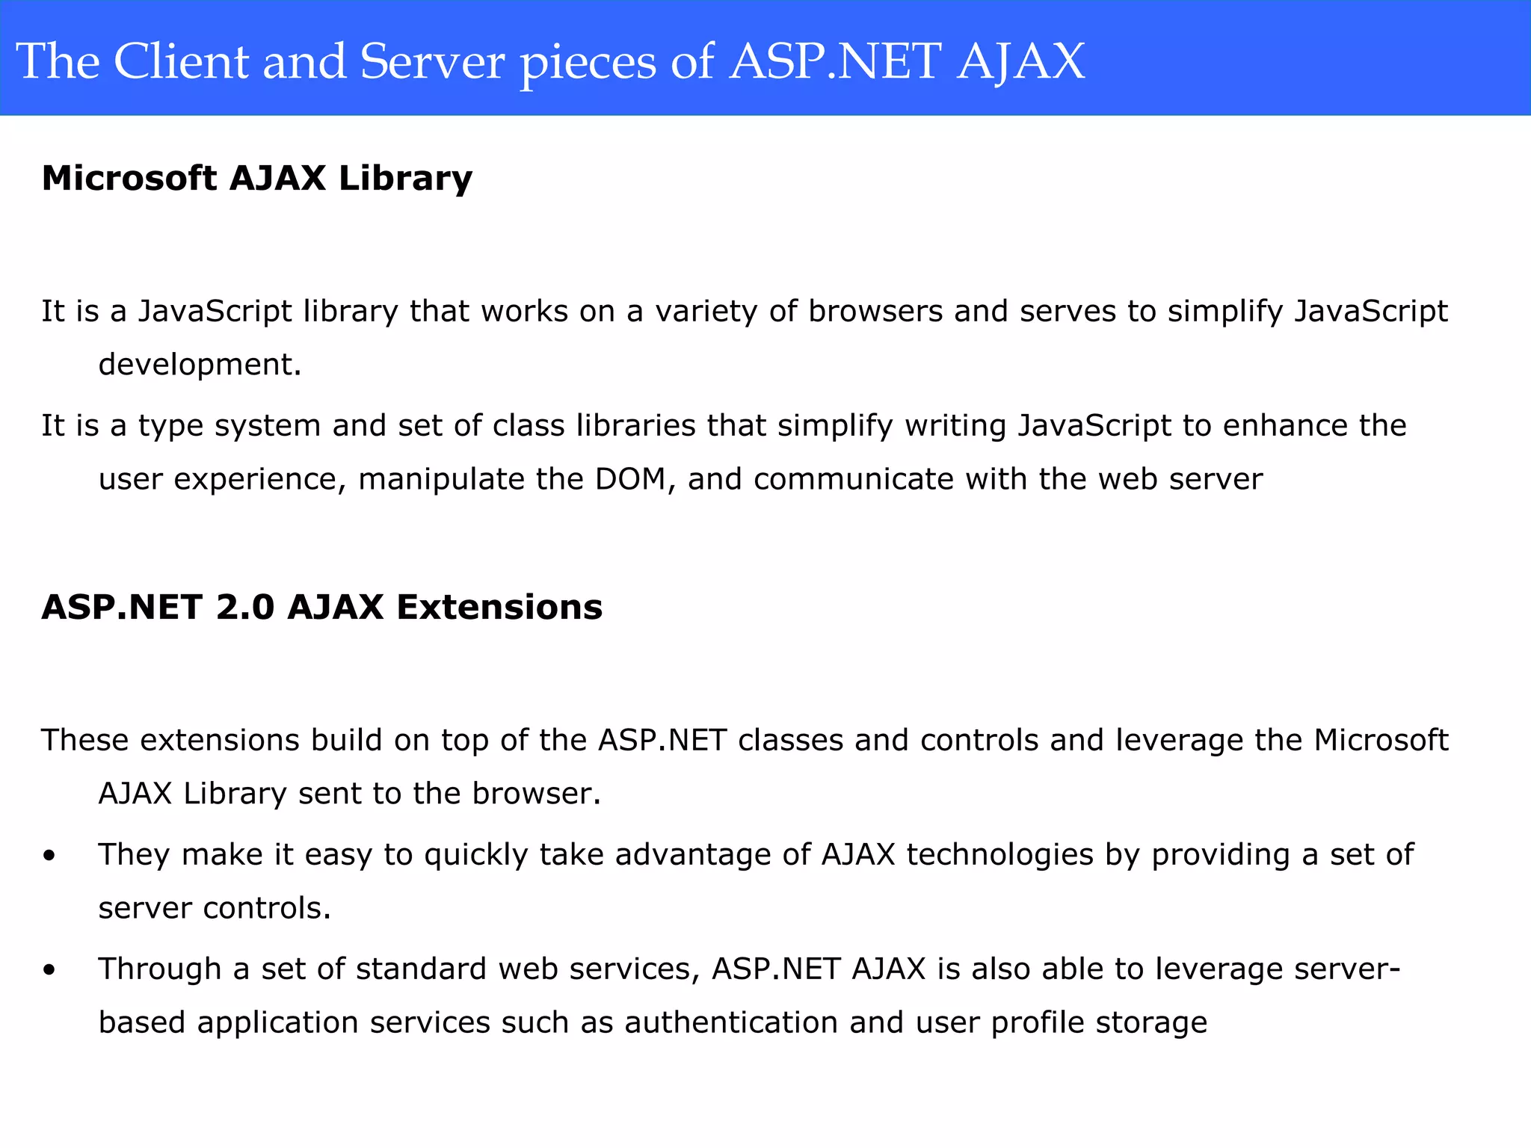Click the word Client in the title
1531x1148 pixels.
pyautogui.click(x=181, y=61)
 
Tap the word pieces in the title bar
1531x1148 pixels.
pyautogui.click(x=588, y=63)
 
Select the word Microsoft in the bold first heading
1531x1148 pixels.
pyautogui.click(x=129, y=178)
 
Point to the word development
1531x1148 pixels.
pyautogui.click(x=200, y=365)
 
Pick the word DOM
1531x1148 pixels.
pyautogui.click(x=630, y=479)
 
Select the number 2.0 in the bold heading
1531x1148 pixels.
pyautogui.click(x=245, y=607)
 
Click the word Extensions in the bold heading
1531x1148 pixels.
pyautogui.click(x=499, y=607)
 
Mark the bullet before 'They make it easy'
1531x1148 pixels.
pyautogui.click(x=49, y=855)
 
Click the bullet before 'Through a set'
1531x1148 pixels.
pyautogui.click(x=49, y=969)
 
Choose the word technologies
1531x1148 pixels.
pyautogui.click(x=999, y=855)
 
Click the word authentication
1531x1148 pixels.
pyautogui.click(x=731, y=1022)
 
